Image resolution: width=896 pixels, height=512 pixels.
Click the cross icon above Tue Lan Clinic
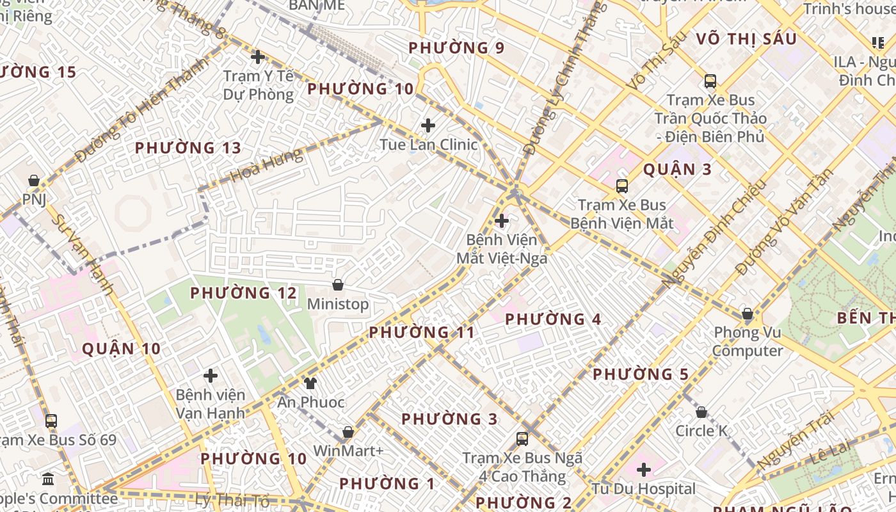[x=428, y=125]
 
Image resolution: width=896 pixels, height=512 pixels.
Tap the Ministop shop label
[x=338, y=304]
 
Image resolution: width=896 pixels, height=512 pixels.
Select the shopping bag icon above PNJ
[x=34, y=181]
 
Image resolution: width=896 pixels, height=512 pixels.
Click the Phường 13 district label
[x=188, y=148]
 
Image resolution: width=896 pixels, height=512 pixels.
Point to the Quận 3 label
[x=677, y=170]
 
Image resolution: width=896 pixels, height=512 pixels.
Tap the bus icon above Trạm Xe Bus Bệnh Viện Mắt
[x=621, y=186]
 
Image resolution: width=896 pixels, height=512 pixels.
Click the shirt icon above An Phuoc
[x=310, y=383]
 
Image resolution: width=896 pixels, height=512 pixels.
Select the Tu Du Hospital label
[x=643, y=489]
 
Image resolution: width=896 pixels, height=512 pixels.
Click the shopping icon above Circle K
[x=701, y=412]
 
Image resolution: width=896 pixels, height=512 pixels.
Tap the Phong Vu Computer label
[x=748, y=341]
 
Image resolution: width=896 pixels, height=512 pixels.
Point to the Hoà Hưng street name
[x=266, y=166]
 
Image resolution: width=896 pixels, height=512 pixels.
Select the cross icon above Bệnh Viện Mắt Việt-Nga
[x=502, y=221]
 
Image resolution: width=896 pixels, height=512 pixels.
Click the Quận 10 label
[x=121, y=349]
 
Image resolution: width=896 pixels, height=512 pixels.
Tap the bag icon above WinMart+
[x=348, y=432]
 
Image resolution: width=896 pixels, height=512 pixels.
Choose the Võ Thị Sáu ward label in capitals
[x=746, y=39]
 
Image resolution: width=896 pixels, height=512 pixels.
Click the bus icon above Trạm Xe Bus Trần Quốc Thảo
[x=710, y=81]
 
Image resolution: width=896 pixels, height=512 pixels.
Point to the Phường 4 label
[x=553, y=319]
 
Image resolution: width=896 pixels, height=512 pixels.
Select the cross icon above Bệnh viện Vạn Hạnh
[x=211, y=376]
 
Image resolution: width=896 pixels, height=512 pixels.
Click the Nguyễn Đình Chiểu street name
[x=714, y=235]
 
